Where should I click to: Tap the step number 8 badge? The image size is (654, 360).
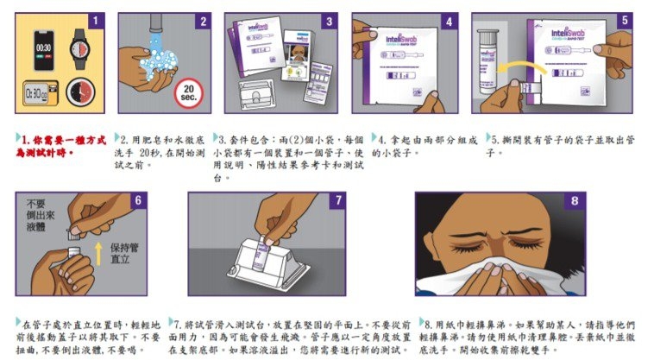[x=575, y=200]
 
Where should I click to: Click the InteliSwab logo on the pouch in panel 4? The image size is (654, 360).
[x=402, y=40]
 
